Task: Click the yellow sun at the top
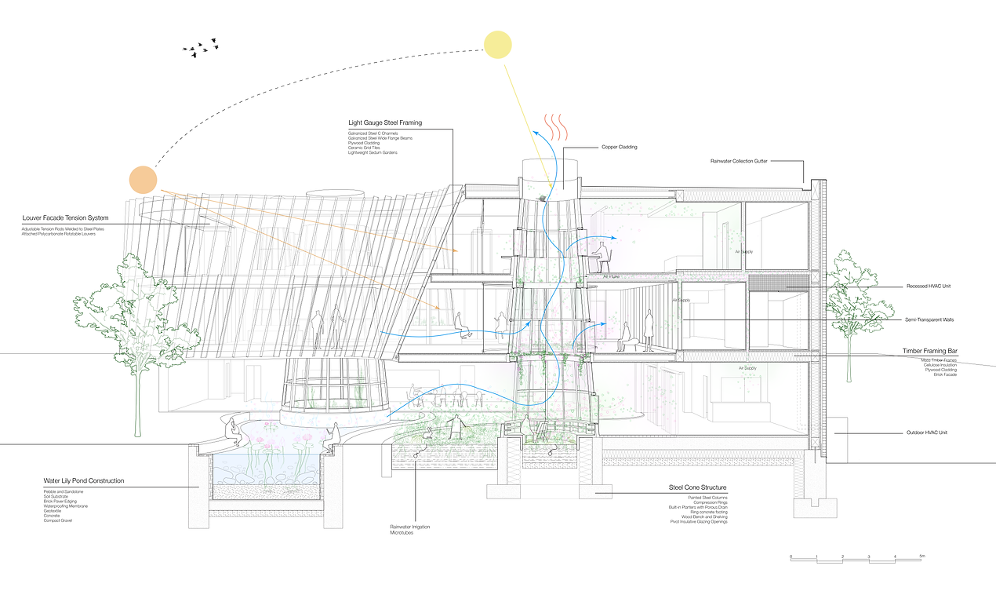497,44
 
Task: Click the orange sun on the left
144,180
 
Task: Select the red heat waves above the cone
557,127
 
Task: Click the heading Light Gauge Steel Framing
385,123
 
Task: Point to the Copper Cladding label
620,147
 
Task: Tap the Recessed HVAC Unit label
929,287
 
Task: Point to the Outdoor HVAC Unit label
926,433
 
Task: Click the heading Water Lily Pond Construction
84,481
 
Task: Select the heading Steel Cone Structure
697,487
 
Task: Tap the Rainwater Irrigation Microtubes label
410,530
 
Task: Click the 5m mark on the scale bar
922,556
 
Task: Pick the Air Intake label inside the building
612,277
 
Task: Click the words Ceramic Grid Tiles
366,148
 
